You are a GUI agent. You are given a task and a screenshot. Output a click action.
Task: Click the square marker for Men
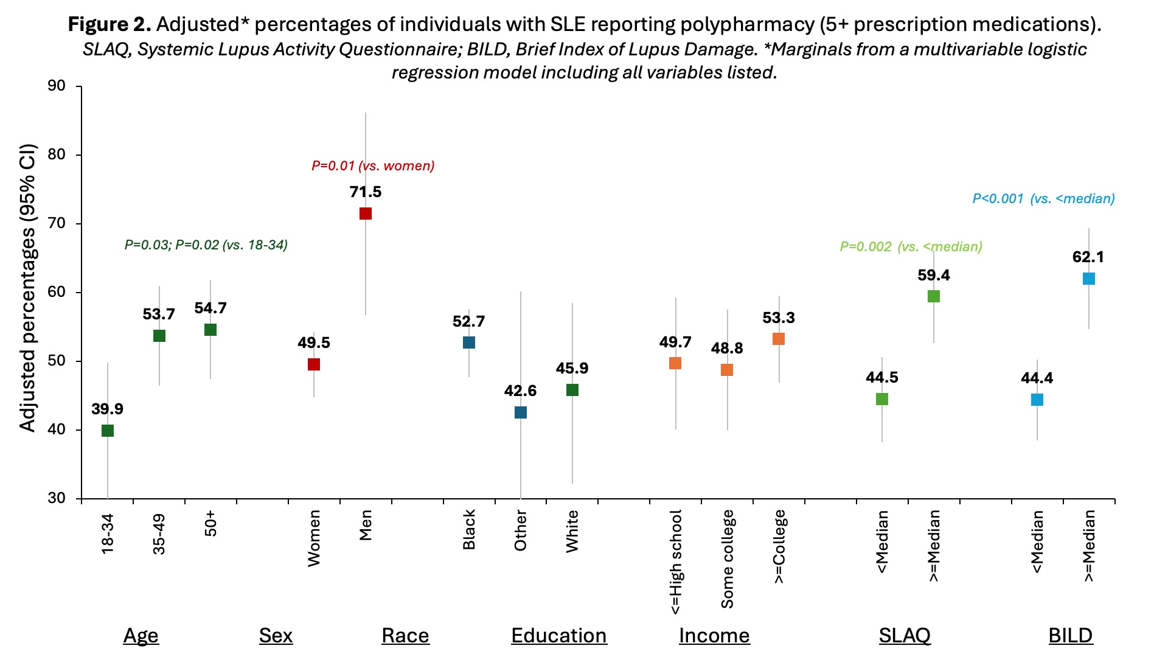(366, 214)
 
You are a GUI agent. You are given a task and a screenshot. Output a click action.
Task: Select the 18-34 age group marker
(108, 431)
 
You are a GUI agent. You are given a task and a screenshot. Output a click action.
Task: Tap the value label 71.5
(366, 192)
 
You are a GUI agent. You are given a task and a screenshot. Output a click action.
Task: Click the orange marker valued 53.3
(779, 339)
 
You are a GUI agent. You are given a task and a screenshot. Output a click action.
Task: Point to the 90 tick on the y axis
(57, 86)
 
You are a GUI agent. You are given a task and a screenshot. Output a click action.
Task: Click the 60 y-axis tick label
(57, 292)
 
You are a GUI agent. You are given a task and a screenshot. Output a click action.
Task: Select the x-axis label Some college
(728, 558)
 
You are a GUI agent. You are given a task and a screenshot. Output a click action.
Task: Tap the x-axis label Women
(314, 538)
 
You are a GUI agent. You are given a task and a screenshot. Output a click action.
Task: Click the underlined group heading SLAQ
(905, 636)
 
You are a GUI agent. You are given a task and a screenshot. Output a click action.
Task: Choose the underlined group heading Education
(558, 636)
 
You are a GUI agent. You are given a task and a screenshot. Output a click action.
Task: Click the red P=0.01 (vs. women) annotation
(373, 166)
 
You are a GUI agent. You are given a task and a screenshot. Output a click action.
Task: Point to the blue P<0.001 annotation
(1043, 199)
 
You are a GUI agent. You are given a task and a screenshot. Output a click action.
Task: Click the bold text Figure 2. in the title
(109, 24)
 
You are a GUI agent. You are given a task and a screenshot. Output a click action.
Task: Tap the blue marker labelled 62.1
(1089, 279)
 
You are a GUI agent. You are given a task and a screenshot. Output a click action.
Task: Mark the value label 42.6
(520, 391)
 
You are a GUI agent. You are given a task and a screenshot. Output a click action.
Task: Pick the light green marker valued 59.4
(934, 296)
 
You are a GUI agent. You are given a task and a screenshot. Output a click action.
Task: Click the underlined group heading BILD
(1071, 636)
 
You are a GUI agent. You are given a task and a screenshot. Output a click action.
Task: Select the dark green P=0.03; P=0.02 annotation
(206, 245)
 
